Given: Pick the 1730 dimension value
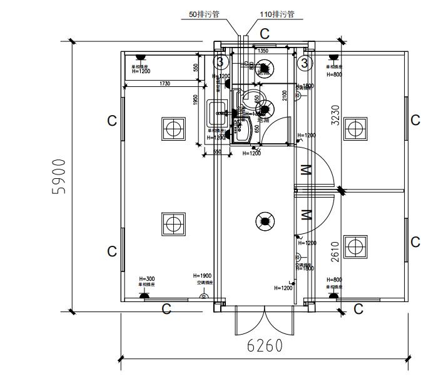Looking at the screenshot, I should (165, 83).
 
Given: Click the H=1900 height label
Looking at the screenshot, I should (202, 276).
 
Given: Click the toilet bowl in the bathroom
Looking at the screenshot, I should (255, 98).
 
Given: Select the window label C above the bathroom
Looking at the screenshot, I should (265, 33).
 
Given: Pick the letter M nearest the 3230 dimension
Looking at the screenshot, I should (306, 169).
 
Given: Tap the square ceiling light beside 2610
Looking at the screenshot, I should (355, 246).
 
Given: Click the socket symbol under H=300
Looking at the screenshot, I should (141, 294).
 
